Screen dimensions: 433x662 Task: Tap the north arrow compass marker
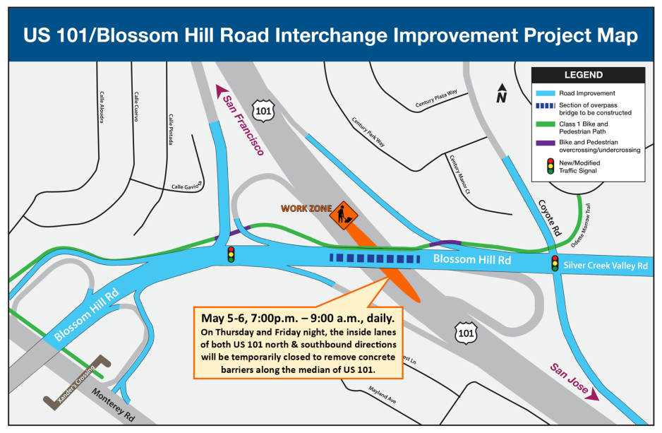click(x=502, y=93)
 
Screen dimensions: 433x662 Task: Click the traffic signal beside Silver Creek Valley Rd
click(x=554, y=265)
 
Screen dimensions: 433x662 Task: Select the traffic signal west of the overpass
click(x=230, y=254)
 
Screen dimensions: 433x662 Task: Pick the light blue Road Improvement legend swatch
click(x=545, y=93)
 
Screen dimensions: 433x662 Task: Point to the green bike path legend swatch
click(x=545, y=124)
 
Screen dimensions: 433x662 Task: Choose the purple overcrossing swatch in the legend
click(x=545, y=142)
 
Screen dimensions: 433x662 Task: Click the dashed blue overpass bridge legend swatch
click(x=545, y=109)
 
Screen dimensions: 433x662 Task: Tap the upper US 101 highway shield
click(x=264, y=111)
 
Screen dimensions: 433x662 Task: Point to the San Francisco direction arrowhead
click(x=219, y=91)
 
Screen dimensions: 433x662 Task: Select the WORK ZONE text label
click(x=305, y=208)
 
